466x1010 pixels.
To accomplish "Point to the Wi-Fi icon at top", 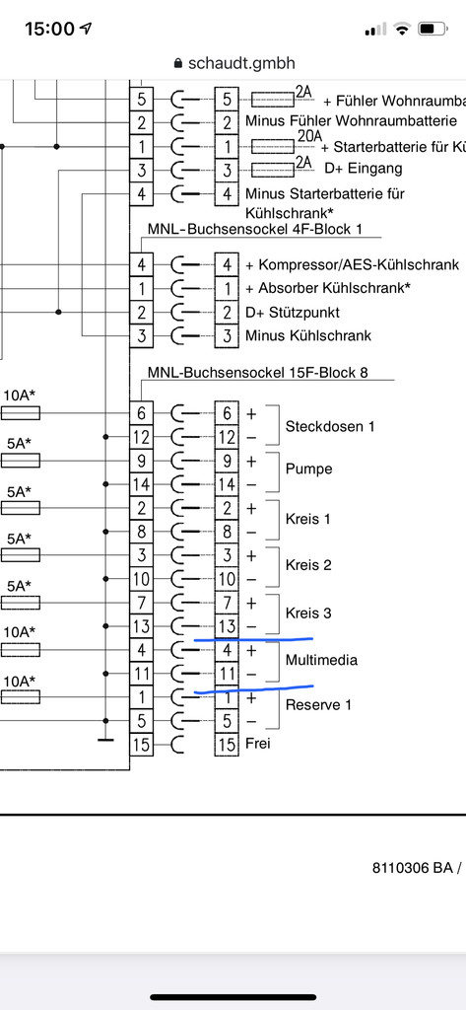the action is click(x=403, y=29).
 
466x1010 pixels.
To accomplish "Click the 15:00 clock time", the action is click(x=49, y=29).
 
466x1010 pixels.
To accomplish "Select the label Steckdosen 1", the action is click(x=329, y=426).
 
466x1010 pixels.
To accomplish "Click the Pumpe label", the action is click(x=309, y=469).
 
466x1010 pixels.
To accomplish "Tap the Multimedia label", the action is click(x=321, y=660).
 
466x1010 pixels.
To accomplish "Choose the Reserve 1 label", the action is click(x=318, y=704).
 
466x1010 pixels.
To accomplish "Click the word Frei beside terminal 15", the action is click(x=257, y=744).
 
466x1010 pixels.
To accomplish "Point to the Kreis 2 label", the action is click(x=308, y=565).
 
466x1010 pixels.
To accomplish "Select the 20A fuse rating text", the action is click(x=309, y=136).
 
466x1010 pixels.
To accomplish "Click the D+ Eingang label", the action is click(x=363, y=169).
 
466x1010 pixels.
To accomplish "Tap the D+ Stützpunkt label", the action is click(x=293, y=313).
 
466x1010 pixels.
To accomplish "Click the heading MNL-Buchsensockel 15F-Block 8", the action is click(x=258, y=372).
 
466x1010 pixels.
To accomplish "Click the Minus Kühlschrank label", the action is click(x=308, y=335).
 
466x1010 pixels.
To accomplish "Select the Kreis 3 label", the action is click(x=308, y=613).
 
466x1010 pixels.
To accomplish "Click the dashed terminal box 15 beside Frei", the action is click(x=227, y=744).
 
